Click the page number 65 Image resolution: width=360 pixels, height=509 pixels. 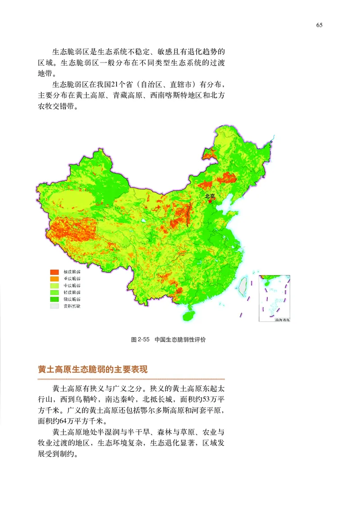(319, 25)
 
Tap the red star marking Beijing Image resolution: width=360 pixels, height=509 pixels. (210, 201)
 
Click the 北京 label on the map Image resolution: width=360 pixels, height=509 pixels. (210, 196)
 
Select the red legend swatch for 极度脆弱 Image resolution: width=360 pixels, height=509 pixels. (55, 272)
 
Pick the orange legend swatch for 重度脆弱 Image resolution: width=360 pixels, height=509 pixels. (55, 279)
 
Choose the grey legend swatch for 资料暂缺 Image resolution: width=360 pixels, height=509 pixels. (55, 306)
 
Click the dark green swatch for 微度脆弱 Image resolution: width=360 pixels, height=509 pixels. (55, 299)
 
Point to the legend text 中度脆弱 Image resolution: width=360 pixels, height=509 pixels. (72, 286)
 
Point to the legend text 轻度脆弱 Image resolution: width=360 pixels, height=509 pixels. (72, 292)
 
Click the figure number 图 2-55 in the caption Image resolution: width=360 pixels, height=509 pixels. (140, 340)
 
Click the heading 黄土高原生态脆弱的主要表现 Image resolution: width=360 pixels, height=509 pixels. (92, 370)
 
